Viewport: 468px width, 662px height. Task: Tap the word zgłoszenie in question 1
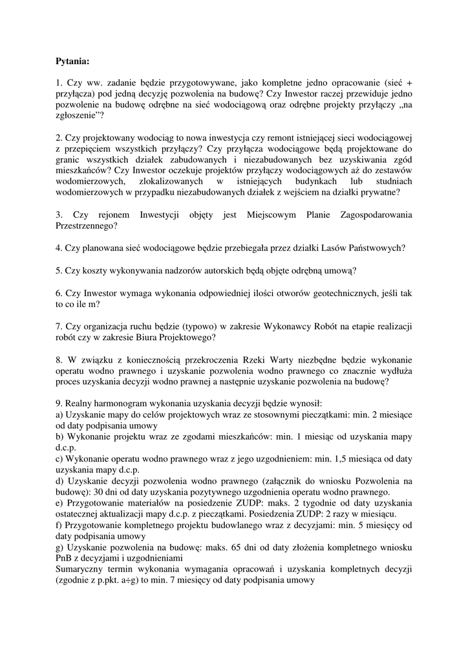pyautogui.click(x=75, y=116)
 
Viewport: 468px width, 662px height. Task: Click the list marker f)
pyautogui.click(x=60, y=524)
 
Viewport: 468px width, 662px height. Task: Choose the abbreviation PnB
pyautogui.click(x=65, y=558)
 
